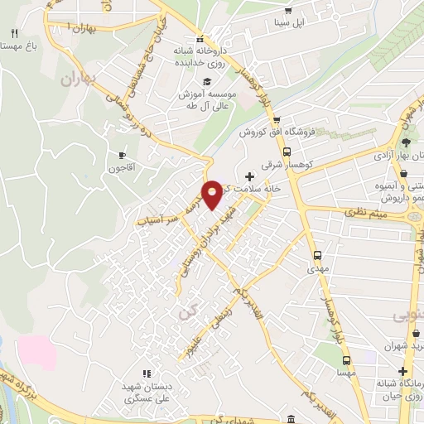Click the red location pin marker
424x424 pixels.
(x=213, y=194)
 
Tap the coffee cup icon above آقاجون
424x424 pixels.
(x=123, y=154)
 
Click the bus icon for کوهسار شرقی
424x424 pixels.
(x=287, y=152)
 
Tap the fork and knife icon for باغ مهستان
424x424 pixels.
(x=15, y=33)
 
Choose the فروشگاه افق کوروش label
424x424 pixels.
(x=273, y=132)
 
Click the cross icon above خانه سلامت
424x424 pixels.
(x=249, y=176)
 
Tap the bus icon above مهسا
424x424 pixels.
(x=346, y=360)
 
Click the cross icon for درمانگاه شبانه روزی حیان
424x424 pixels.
(x=404, y=372)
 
